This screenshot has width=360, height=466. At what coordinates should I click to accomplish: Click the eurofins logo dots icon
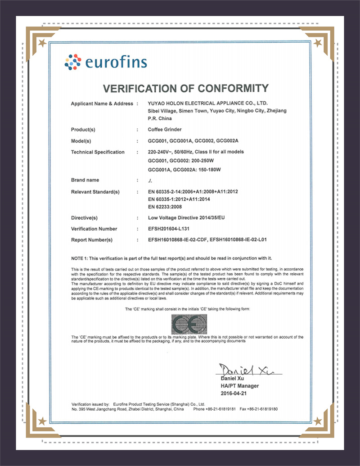[73, 62]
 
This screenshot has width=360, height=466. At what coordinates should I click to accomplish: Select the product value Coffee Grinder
[164, 130]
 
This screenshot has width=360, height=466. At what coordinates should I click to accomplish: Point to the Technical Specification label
[98, 152]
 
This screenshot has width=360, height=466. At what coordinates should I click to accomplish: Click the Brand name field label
[85, 180]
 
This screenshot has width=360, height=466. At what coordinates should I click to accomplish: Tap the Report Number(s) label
[92, 240]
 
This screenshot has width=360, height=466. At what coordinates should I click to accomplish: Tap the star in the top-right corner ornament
[318, 43]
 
